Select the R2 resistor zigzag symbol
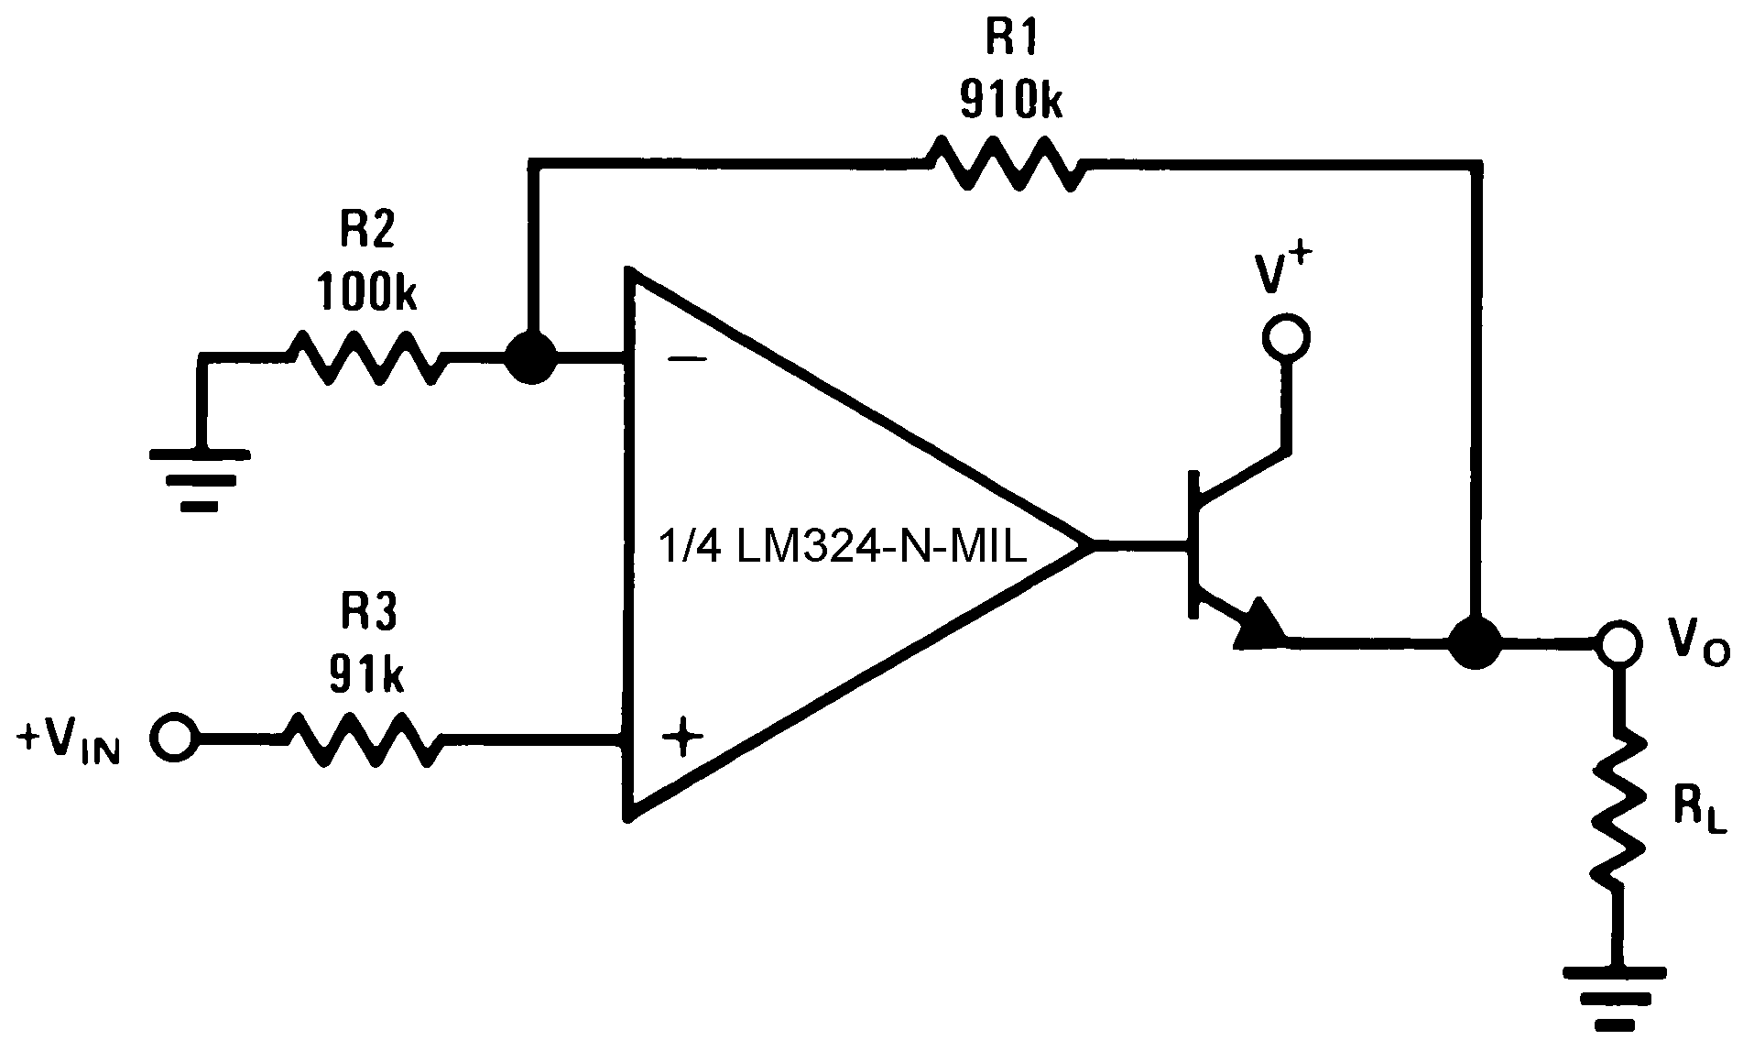pyautogui.click(x=367, y=358)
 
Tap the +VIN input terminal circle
pyautogui.click(x=173, y=737)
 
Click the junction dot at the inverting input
pyautogui.click(x=531, y=358)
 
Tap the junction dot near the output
pyautogui.click(x=1475, y=642)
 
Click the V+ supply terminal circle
pyautogui.click(x=1285, y=337)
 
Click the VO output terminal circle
pyautogui.click(x=1619, y=642)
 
